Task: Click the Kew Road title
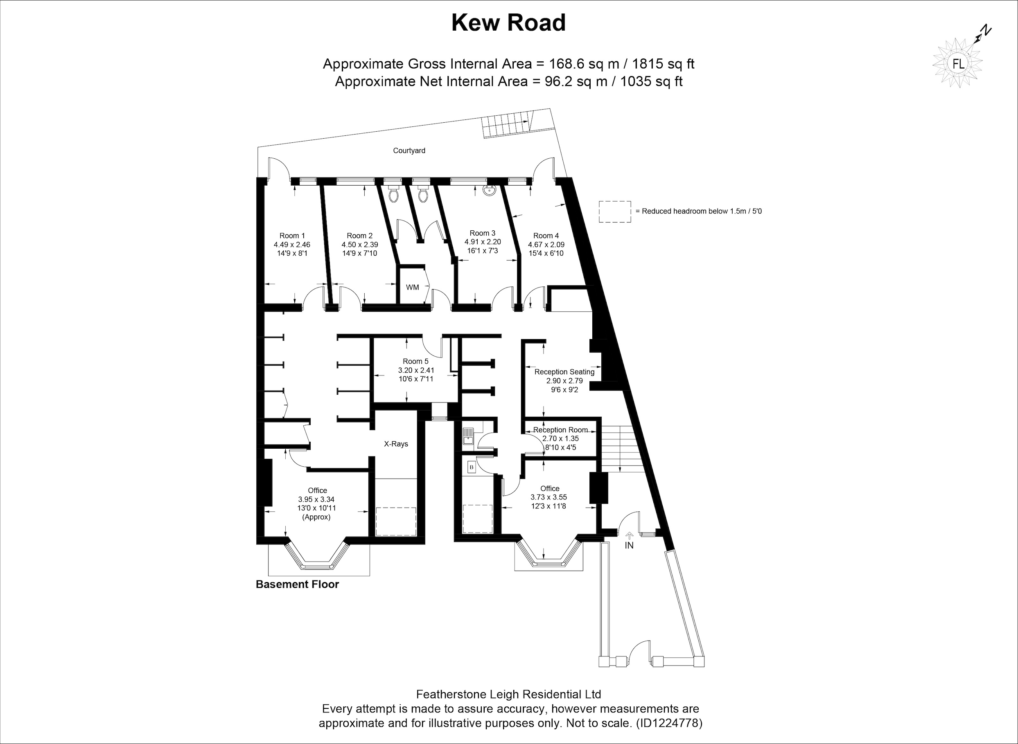coord(508,23)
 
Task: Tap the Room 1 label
coord(292,236)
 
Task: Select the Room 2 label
coord(360,236)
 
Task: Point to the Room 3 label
coord(482,233)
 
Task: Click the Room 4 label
coord(546,236)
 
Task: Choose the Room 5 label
coord(415,361)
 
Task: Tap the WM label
coord(412,287)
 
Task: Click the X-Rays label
coord(396,444)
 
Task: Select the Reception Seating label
coord(564,372)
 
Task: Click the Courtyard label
coord(409,151)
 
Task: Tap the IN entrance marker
coord(629,545)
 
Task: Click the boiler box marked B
coord(472,468)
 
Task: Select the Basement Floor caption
coord(298,584)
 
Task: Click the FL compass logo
coord(959,64)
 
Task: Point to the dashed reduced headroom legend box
coord(615,212)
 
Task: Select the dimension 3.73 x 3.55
coord(548,497)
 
